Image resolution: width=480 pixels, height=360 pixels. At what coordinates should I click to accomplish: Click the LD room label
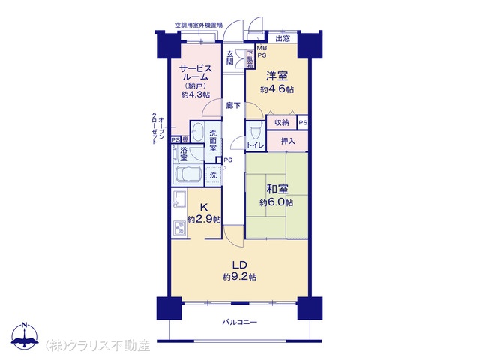click(x=239, y=265)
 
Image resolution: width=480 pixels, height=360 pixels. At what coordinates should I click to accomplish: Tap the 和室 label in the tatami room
click(x=277, y=189)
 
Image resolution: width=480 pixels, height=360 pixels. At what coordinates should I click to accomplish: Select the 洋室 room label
click(x=277, y=76)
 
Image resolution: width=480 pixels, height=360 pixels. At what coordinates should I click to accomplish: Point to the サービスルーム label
click(x=196, y=72)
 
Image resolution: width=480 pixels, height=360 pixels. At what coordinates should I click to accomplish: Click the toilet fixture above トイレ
click(x=255, y=132)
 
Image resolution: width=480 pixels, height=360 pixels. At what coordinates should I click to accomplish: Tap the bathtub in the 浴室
click(x=187, y=175)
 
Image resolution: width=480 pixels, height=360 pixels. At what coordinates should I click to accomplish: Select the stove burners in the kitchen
click(x=179, y=227)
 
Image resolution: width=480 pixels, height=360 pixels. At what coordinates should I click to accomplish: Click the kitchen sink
click(x=179, y=198)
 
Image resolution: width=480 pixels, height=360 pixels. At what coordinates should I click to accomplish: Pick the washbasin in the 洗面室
click(x=198, y=132)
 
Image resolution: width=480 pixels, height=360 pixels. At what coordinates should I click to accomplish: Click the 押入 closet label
click(x=288, y=141)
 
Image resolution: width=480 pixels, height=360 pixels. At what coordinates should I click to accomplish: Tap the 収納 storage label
click(x=282, y=123)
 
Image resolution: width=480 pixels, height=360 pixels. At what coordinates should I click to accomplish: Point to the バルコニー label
click(x=240, y=322)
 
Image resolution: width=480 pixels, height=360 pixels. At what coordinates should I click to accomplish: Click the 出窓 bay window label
click(x=283, y=39)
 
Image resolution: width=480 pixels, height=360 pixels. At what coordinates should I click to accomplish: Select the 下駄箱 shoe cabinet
click(x=250, y=59)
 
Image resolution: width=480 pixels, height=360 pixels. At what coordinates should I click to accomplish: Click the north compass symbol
click(x=25, y=335)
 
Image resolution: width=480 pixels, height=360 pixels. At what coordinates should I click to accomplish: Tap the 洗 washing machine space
click(x=213, y=175)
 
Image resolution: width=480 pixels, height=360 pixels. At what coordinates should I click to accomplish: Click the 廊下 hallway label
click(x=233, y=106)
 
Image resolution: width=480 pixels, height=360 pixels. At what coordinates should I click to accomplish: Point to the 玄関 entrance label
click(x=230, y=58)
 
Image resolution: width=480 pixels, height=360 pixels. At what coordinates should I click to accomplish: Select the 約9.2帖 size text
click(x=239, y=277)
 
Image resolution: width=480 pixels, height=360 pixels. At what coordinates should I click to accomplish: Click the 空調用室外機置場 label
click(x=198, y=25)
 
